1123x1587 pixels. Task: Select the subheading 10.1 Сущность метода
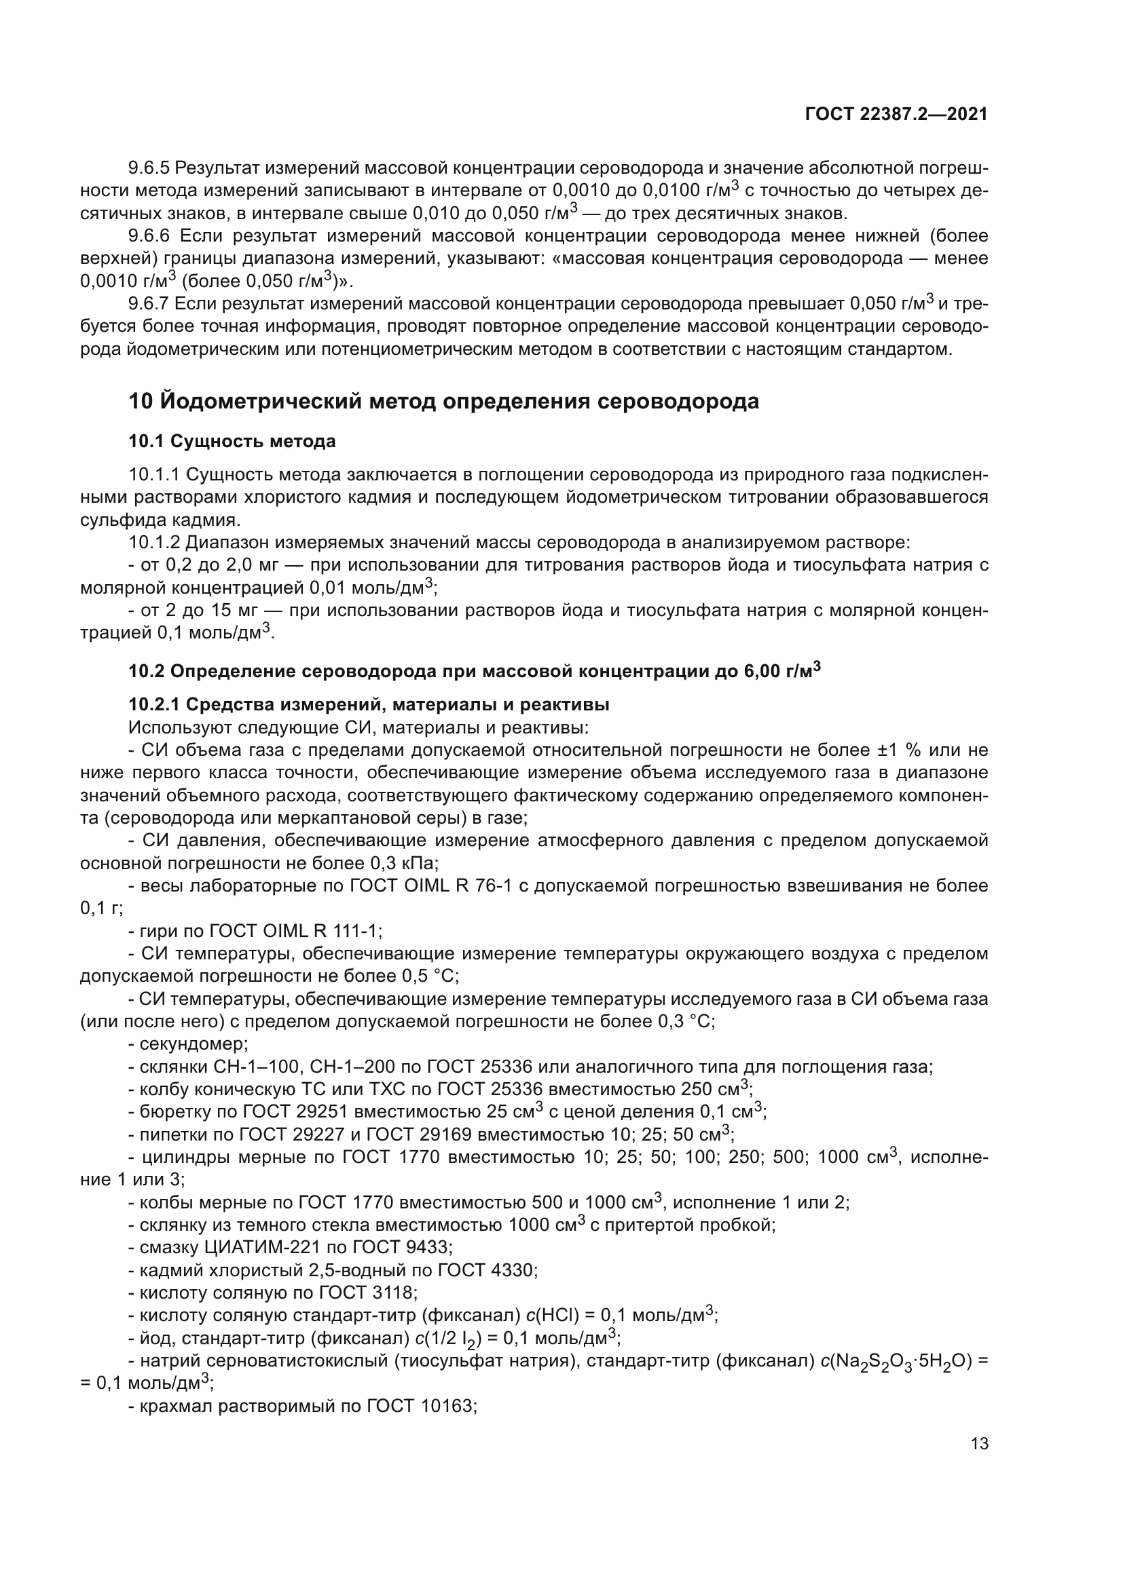(x=232, y=441)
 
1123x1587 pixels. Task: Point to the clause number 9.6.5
(x=149, y=168)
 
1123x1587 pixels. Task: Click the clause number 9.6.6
(x=149, y=235)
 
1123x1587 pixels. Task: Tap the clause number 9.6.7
(x=149, y=303)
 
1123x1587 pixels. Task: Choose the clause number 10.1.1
(x=153, y=475)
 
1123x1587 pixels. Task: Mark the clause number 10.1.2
(x=153, y=543)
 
